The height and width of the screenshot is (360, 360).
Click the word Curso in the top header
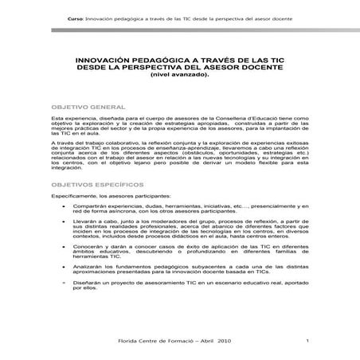pyautogui.click(x=76, y=17)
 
